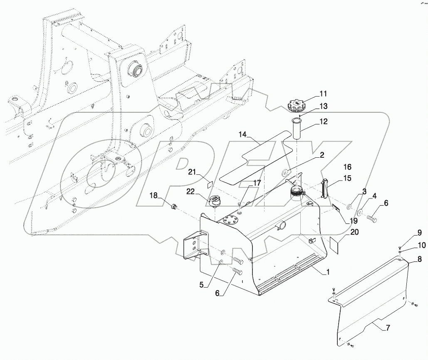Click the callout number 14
coord(243,134)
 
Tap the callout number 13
coord(324,106)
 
